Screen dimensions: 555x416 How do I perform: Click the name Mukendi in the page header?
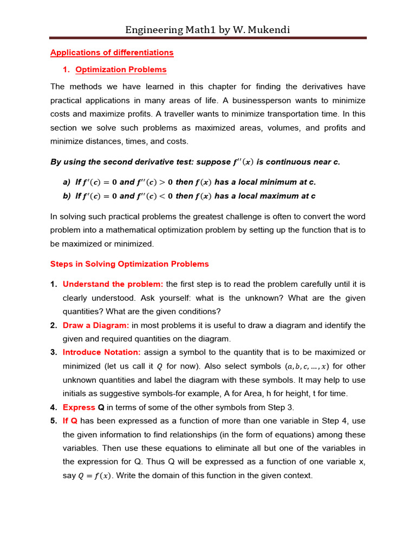tap(268, 30)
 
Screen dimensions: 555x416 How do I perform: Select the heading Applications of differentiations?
tap(112, 53)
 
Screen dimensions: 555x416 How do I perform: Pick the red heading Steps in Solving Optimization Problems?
tap(129, 264)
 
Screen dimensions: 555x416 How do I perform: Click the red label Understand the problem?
tap(113, 284)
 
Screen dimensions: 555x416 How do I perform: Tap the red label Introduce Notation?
tap(102, 352)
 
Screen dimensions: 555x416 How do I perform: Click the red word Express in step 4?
tap(79, 407)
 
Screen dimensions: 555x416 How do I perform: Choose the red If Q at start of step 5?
tap(70, 421)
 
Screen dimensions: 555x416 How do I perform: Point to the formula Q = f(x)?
tap(96, 476)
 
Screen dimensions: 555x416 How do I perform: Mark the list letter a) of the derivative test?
tap(67, 182)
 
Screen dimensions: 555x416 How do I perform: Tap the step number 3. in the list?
tap(54, 352)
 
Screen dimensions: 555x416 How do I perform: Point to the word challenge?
tap(258, 216)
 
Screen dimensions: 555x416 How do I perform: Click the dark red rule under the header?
tap(208, 38)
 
